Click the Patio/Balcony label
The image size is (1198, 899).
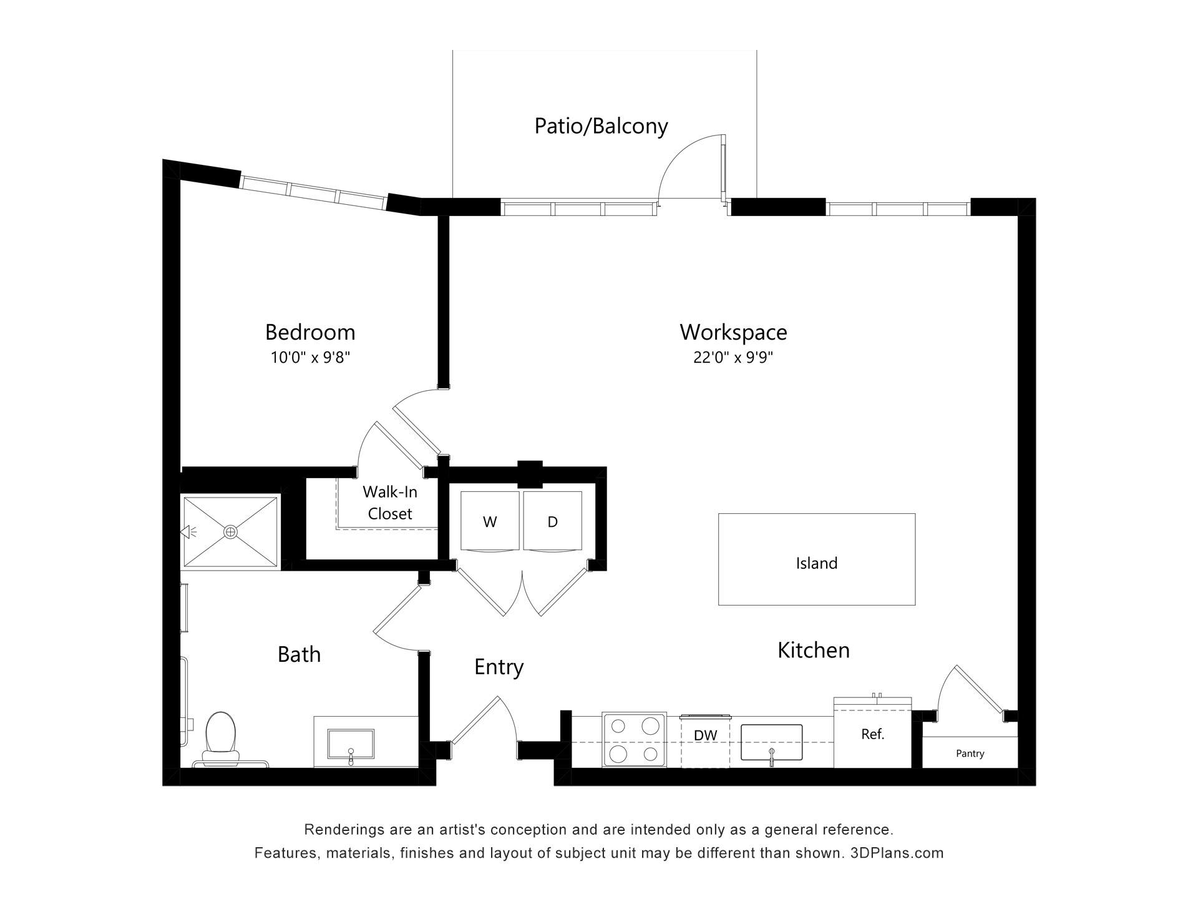point(601,126)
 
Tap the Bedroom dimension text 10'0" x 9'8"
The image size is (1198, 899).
point(310,358)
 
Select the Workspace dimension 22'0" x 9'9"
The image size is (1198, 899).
point(733,358)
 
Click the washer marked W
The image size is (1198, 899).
point(490,521)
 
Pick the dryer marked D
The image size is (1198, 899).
point(553,521)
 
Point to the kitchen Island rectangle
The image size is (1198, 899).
point(816,559)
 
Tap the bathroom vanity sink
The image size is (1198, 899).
point(351,745)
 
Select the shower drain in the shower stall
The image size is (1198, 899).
point(230,532)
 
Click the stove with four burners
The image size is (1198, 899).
point(634,739)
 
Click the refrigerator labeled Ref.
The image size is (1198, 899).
point(872,734)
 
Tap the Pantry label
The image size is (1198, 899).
point(970,754)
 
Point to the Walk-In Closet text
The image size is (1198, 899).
point(390,503)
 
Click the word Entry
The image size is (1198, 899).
point(499,667)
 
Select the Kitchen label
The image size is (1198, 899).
point(813,650)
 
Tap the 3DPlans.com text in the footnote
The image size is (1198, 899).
point(897,853)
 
